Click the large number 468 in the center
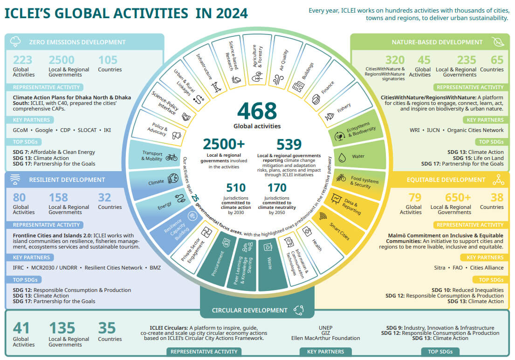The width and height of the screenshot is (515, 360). coord(257,111)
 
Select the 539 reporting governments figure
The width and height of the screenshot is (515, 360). coord(289,145)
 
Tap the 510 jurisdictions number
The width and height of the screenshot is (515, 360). coord(236,188)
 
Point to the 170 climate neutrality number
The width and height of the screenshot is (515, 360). coord(277,188)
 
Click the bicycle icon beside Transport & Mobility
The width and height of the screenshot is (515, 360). coord(172,157)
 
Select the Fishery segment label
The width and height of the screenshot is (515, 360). coord(344,108)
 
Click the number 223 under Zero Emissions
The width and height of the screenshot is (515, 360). coord(23,60)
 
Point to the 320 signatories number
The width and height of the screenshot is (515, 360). coord(395,60)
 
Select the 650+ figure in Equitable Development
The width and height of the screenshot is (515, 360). coord(458,198)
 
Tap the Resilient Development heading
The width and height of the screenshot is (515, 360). coord(67,180)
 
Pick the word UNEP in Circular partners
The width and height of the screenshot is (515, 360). coord(325,327)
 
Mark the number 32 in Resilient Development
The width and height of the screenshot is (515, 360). coord(105,198)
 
